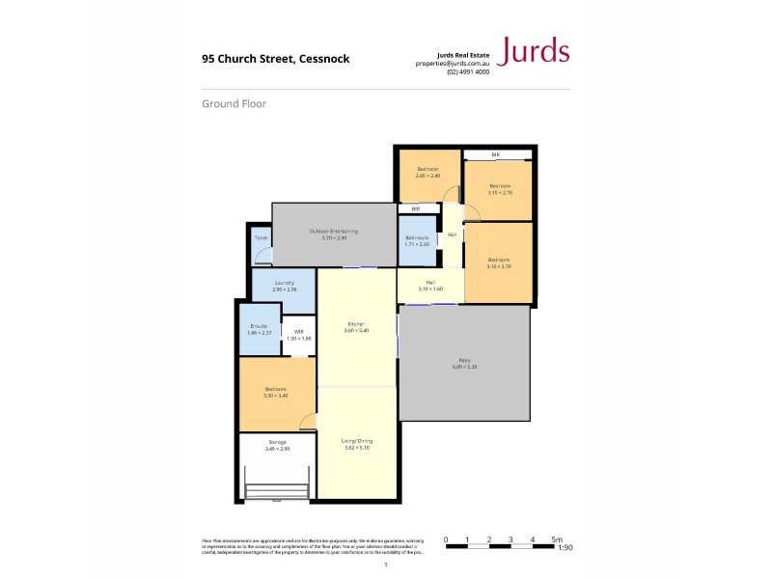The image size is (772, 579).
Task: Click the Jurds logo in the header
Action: click(x=532, y=51)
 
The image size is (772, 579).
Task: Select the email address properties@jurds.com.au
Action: click(x=452, y=63)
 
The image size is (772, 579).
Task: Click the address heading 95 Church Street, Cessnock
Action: click(x=275, y=58)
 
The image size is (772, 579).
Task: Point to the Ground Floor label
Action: click(x=234, y=103)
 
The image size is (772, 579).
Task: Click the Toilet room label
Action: click(x=261, y=236)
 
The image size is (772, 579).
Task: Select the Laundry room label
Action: click(x=284, y=283)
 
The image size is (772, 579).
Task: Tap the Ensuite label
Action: click(x=259, y=326)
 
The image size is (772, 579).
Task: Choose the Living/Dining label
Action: click(x=356, y=442)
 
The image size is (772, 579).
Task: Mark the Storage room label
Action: click(x=277, y=442)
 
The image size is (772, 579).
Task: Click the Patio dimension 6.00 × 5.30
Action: click(x=463, y=368)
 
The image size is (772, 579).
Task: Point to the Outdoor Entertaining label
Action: click(x=334, y=231)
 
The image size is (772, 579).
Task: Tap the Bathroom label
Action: click(x=417, y=237)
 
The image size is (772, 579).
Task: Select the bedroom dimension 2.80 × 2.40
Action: click(x=427, y=176)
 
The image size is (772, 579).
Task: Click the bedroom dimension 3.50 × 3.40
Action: click(x=277, y=396)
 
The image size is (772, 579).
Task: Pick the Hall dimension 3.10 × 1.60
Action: click(x=429, y=289)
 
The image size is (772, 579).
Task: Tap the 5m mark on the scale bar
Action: click(x=555, y=539)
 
